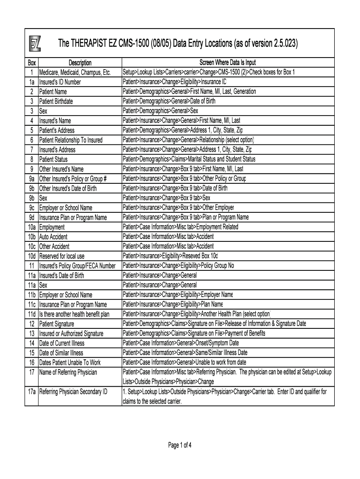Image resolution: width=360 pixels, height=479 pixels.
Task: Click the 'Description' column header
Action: coord(80,63)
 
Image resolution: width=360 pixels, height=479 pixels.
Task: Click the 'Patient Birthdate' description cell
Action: coord(56,102)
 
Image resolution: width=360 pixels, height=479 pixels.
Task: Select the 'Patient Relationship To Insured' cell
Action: coord(71,140)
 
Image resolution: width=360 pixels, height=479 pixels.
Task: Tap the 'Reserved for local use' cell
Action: coord(62,256)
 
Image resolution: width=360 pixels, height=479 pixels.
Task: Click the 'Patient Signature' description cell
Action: coord(58,324)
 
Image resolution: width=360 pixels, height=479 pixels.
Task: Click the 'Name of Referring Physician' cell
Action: coord(68,372)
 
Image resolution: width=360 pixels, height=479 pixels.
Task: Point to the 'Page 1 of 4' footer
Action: coord(180,445)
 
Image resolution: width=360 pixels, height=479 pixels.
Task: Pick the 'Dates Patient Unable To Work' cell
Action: coord(70,363)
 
